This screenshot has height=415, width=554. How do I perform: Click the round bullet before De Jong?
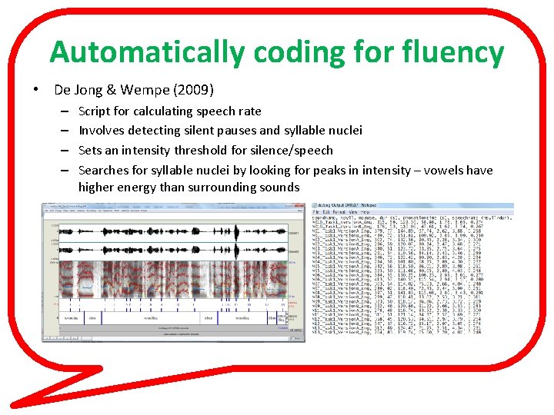pos(36,90)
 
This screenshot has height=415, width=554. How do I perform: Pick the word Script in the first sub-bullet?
pos(95,111)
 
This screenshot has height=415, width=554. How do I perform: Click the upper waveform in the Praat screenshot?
pos(169,231)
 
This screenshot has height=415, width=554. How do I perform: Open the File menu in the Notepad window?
pos(316,213)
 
